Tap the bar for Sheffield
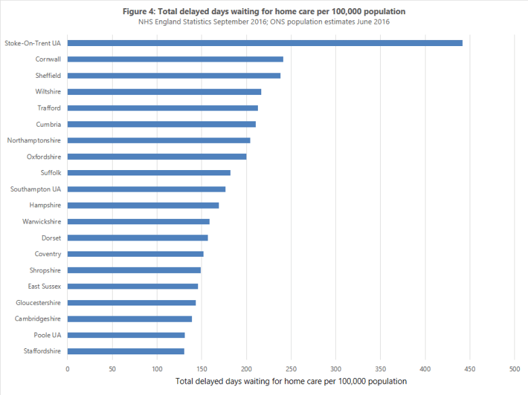pos(174,75)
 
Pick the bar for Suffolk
pos(149,173)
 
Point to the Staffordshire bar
pos(126,351)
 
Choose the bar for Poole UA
pos(126,335)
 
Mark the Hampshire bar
pos(143,205)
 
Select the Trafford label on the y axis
pos(49,108)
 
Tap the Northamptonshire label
pos(34,140)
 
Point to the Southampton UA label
pos(36,189)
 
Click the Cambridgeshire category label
pos(38,318)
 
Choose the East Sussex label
pos(44,287)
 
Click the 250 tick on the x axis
pos(291,369)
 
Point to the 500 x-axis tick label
pos(514,369)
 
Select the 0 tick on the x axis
pos(67,369)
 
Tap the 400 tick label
pos(425,369)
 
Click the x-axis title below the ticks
pos(290,381)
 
